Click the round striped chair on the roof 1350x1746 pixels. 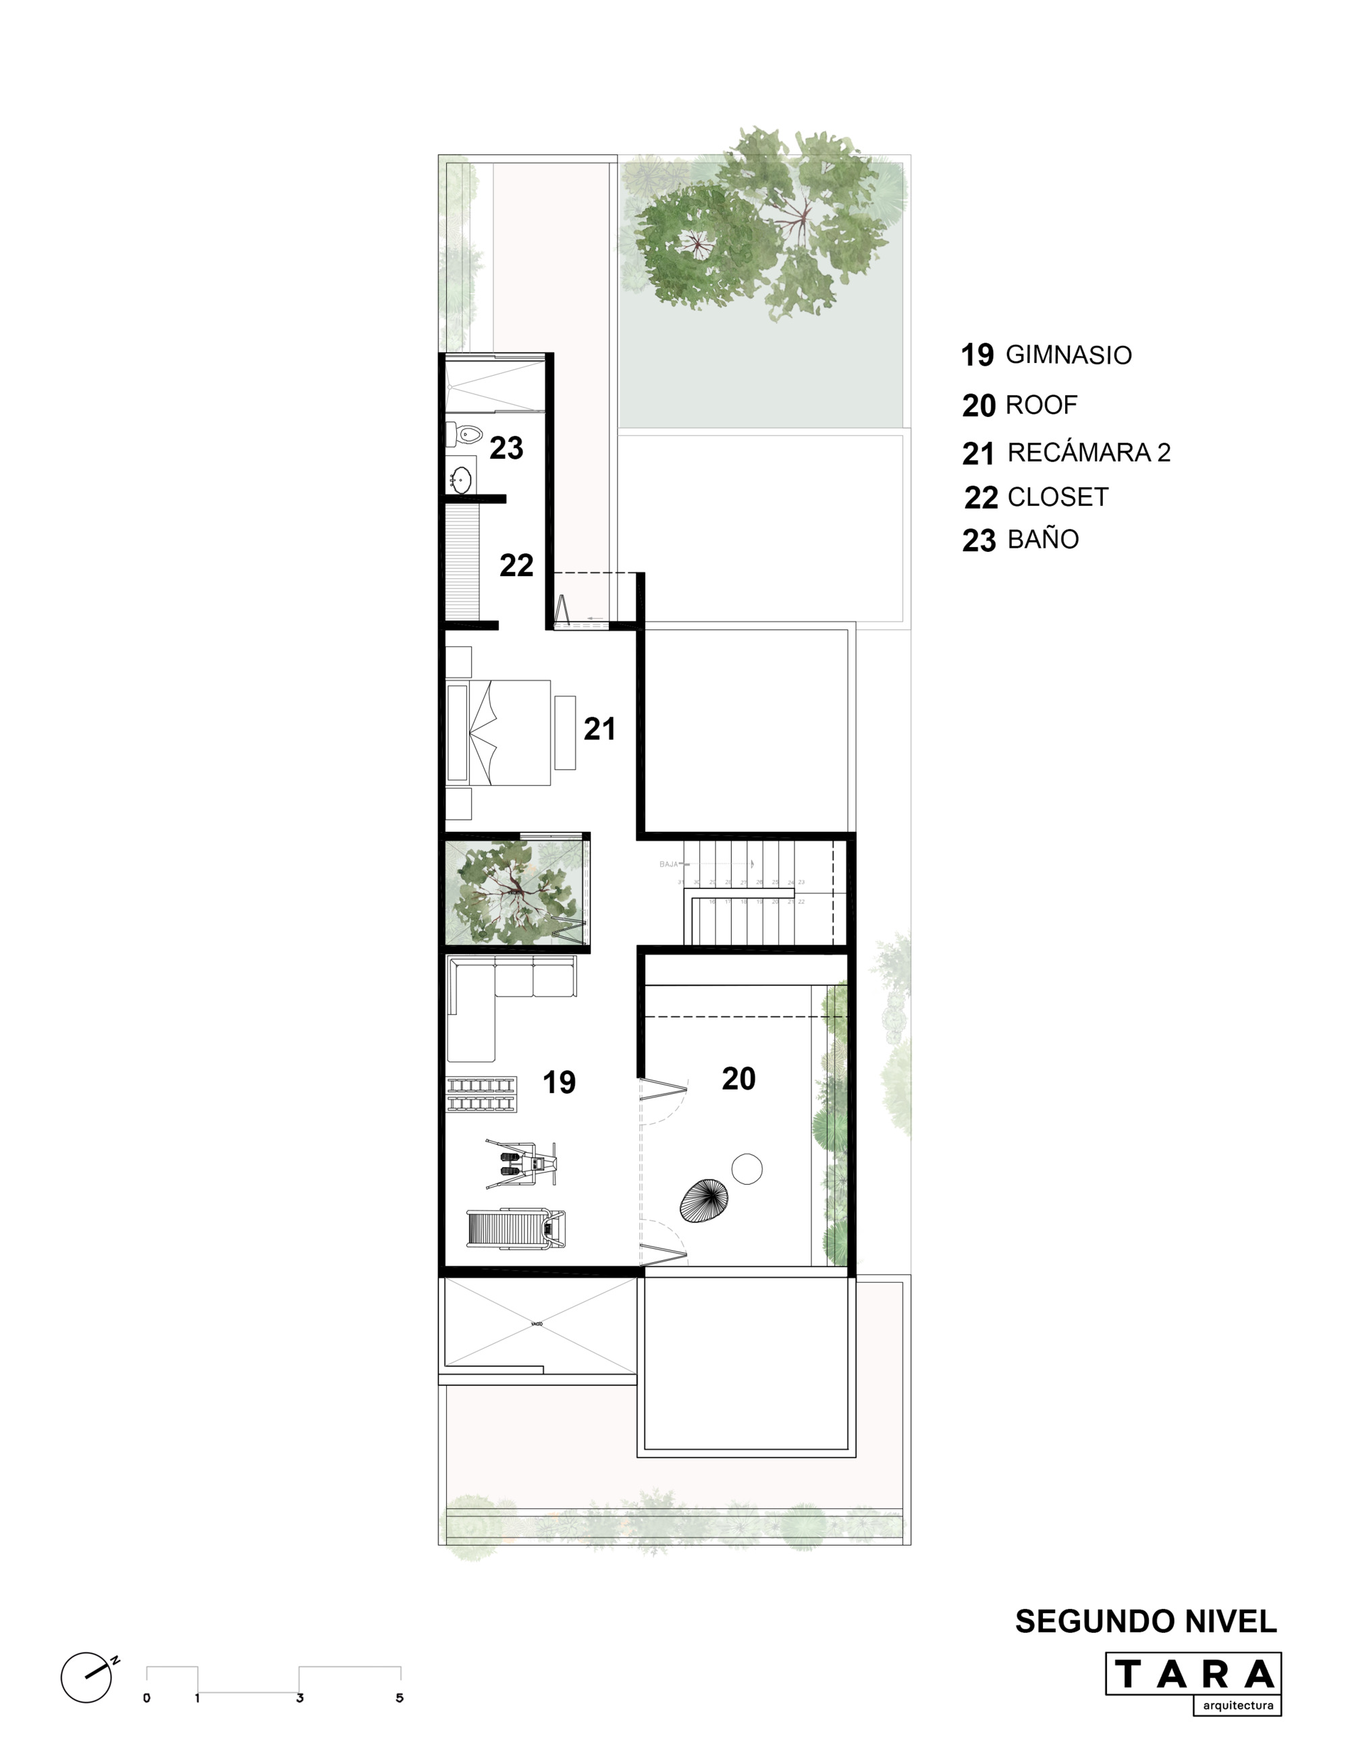pyautogui.click(x=704, y=1200)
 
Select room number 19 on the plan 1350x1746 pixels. pyautogui.click(x=559, y=1082)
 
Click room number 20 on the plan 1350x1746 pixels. pyautogui.click(x=738, y=1079)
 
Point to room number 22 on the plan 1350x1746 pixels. pyautogui.click(x=516, y=566)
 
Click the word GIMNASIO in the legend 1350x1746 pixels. pyautogui.click(x=1068, y=355)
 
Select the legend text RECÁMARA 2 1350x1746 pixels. pyautogui.click(x=1089, y=453)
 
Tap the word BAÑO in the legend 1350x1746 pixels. pyautogui.click(x=1043, y=540)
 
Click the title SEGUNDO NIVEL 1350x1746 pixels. pyautogui.click(x=1145, y=1621)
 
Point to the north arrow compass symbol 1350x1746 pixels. pyautogui.click(x=87, y=1677)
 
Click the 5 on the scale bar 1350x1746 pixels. pyautogui.click(x=400, y=1698)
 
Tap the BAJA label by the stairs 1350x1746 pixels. pyautogui.click(x=669, y=864)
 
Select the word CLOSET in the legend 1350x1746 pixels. pyautogui.click(x=1057, y=497)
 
